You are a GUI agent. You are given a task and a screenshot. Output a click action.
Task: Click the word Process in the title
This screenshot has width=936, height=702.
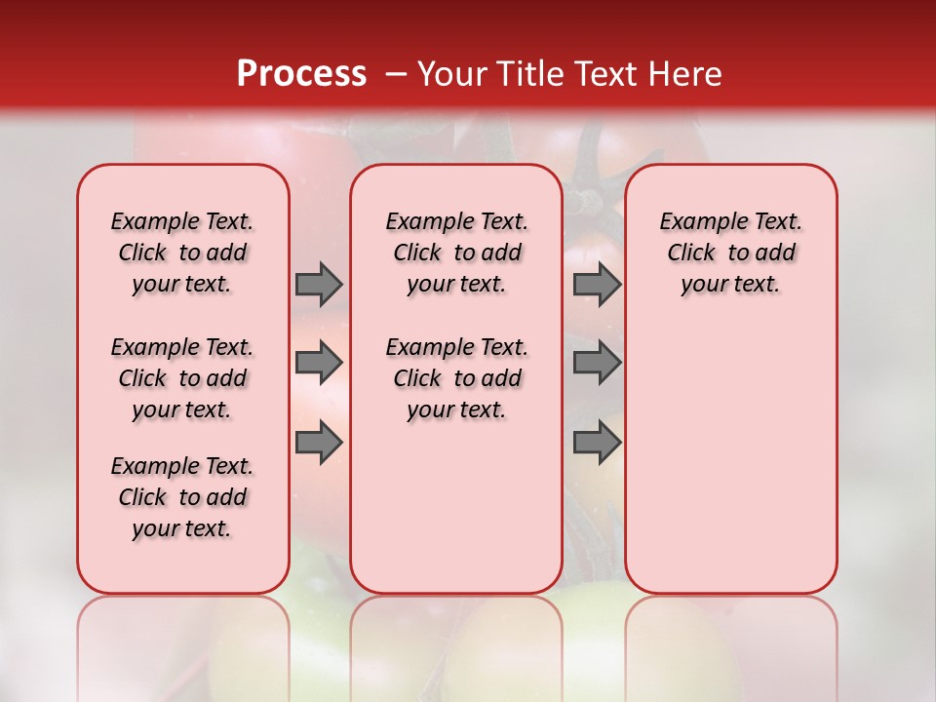(300, 74)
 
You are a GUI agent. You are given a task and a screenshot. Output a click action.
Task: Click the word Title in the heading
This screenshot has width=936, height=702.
(527, 74)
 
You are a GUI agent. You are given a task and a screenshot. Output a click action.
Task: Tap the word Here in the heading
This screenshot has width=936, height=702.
(686, 74)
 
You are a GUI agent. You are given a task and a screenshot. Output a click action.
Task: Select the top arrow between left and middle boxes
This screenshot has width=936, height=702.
(318, 284)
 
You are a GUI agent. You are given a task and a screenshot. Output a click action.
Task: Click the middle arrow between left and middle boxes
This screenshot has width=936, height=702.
(318, 363)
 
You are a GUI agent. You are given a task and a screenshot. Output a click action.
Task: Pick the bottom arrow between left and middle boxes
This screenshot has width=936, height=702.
(318, 442)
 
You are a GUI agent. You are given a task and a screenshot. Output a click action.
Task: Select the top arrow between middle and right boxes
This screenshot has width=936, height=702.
(596, 284)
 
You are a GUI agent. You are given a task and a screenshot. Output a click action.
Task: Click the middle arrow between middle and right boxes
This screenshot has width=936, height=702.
(596, 363)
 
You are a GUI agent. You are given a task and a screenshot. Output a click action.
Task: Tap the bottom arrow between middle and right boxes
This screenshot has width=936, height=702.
(596, 442)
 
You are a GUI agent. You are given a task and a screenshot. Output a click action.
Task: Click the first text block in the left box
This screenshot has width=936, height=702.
(182, 253)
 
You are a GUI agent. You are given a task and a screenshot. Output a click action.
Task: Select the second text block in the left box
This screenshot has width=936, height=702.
(182, 378)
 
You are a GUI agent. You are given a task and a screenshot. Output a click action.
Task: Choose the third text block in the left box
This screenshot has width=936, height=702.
(182, 497)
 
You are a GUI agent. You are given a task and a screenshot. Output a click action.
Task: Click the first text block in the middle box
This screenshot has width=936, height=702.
(456, 253)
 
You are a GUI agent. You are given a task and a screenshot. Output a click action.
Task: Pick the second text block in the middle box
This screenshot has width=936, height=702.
(456, 378)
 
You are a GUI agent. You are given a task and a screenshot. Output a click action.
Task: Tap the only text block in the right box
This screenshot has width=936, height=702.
(731, 253)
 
